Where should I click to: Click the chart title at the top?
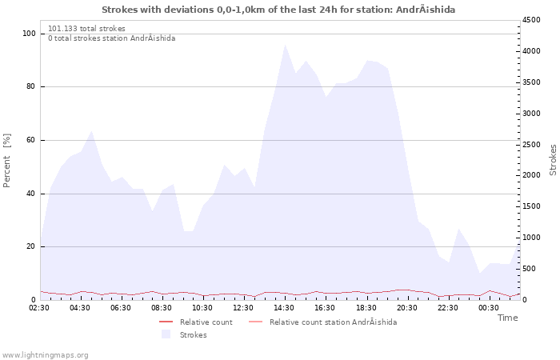278,10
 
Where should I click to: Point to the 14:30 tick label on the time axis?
284,308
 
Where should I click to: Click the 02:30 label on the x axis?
39,308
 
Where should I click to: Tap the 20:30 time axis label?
406,308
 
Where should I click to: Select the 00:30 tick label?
489,308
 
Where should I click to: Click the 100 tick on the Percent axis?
29,34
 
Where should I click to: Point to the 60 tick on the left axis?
30,140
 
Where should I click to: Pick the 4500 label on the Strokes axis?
531,20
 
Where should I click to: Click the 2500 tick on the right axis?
531,145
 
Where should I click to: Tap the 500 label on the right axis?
529,269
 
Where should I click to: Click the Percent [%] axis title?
6,160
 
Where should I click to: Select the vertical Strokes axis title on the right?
553,160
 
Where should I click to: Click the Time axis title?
507,318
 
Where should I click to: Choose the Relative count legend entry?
196,322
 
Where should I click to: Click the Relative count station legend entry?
323,322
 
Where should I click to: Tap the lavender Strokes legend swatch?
166,334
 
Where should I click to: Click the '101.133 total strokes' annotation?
86,29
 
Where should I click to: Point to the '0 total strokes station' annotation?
112,38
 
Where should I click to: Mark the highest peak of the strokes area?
285,45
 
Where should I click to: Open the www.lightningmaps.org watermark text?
45,355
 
